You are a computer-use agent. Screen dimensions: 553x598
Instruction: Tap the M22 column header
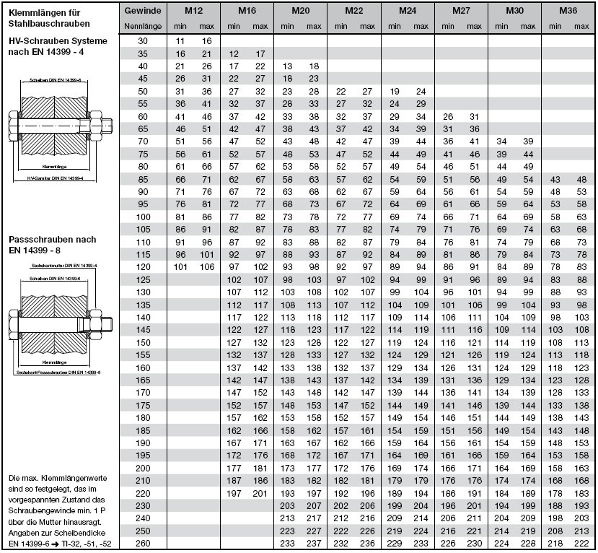pos(353,12)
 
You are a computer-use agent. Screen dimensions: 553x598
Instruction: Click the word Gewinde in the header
pos(142,12)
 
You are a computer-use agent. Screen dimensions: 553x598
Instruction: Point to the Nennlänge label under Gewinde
pos(142,26)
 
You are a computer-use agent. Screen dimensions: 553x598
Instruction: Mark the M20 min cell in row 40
pos(287,66)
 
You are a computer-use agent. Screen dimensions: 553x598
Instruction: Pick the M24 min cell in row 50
pos(395,91)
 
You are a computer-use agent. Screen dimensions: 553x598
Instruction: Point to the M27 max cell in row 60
pos(475,116)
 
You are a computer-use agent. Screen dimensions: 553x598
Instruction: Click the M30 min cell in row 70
pos(501,141)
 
